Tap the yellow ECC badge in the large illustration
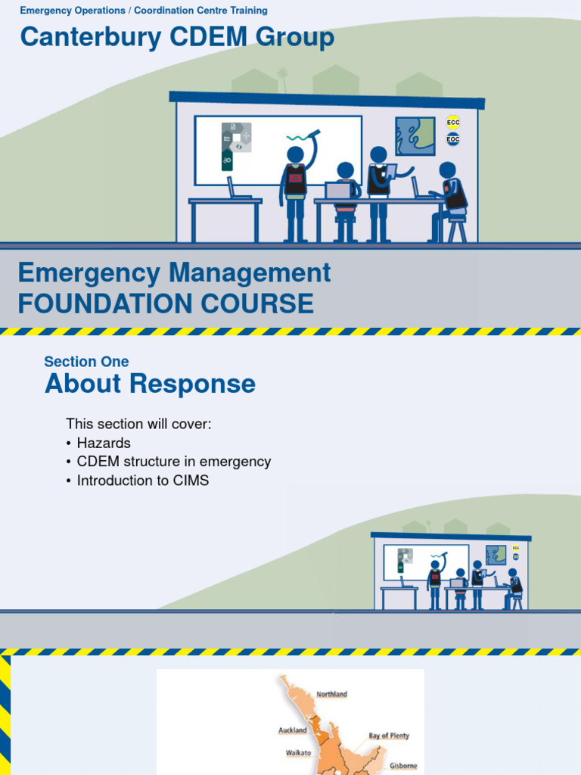(453, 123)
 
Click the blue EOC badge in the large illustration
(453, 139)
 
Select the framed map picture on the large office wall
(415, 136)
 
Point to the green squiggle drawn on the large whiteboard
(301, 138)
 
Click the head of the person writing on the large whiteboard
(295, 155)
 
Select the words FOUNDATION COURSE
(166, 303)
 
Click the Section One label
(86, 362)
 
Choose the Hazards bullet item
(103, 443)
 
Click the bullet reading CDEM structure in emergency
(173, 462)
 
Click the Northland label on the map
(332, 694)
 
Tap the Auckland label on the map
(293, 730)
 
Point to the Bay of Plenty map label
(389, 736)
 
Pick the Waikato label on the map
(298, 753)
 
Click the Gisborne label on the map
(403, 765)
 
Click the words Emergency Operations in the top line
(73, 11)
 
